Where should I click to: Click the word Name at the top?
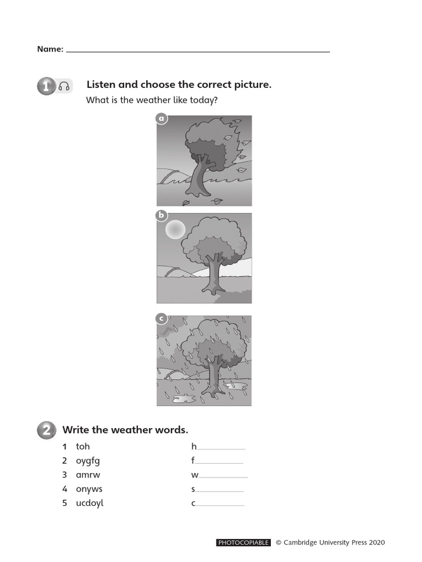click(50, 49)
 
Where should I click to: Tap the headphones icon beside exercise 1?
click(64, 86)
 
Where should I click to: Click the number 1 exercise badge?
click(46, 86)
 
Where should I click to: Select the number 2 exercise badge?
click(46, 430)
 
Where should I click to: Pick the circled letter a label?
click(161, 119)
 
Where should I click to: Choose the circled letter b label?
click(161, 216)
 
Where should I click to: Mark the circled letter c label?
click(161, 318)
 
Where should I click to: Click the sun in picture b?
click(175, 229)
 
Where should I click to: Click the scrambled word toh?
click(82, 447)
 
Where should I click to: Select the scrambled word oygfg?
click(88, 461)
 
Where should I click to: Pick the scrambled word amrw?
click(88, 475)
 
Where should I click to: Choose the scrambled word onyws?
click(89, 489)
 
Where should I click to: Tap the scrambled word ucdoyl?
click(90, 503)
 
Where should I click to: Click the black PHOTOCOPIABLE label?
click(244, 543)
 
